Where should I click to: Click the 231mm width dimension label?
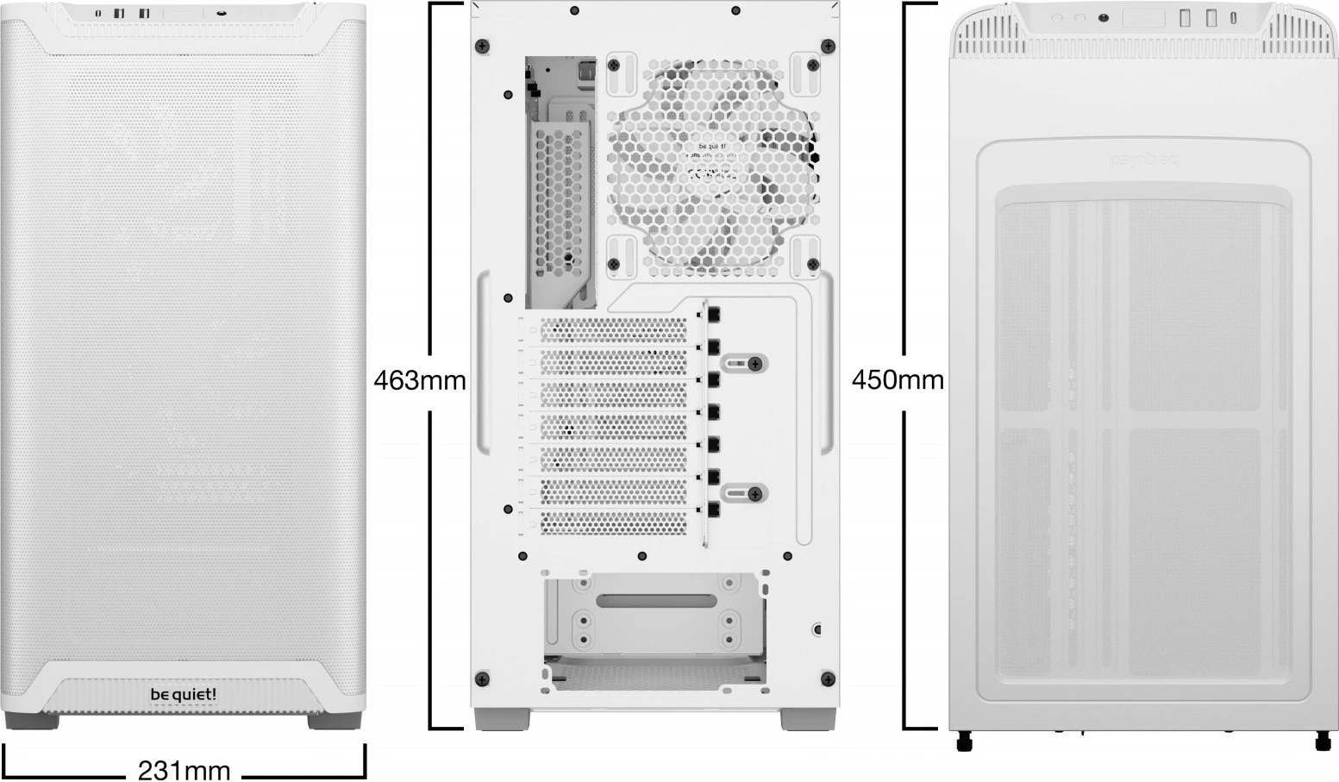point(185,769)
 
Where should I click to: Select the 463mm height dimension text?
point(420,380)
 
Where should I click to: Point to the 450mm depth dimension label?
point(898,380)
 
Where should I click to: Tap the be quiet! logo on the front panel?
point(184,694)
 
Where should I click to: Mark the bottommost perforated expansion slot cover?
point(612,522)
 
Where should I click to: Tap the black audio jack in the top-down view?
point(1103,17)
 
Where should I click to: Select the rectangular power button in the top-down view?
point(1143,18)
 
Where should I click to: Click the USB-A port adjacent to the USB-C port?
point(1211,17)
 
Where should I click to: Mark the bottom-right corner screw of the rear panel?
point(828,678)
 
